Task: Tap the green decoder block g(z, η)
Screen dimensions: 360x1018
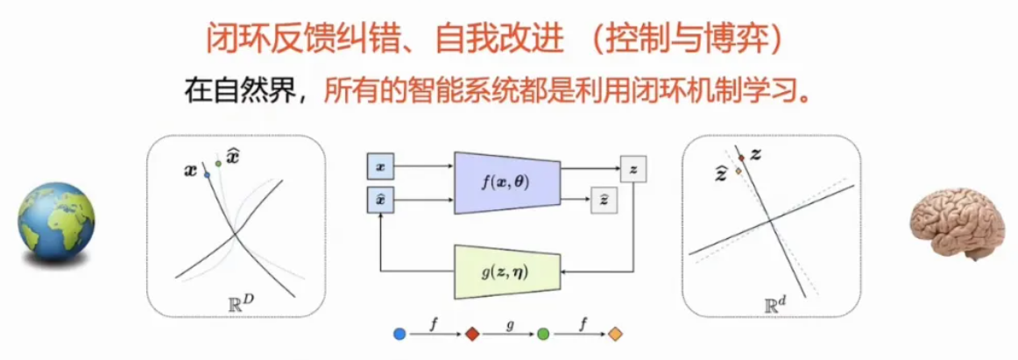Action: (x=504, y=272)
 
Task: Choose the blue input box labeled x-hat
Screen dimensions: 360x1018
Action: (x=379, y=202)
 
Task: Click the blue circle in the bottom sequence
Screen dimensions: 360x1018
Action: (x=400, y=334)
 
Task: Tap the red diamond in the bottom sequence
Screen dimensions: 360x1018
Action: (x=471, y=334)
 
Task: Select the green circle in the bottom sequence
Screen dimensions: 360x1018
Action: (x=543, y=334)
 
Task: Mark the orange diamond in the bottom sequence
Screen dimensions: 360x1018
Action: (x=615, y=334)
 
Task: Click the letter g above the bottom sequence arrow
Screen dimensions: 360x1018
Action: (x=507, y=323)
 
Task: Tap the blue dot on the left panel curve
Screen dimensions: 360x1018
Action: (x=207, y=174)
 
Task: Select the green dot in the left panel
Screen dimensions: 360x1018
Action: (x=217, y=164)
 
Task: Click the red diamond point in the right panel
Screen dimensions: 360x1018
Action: (x=740, y=159)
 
